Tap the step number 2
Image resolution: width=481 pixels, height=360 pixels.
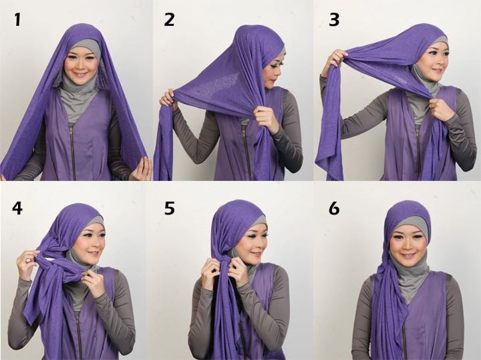[x=169, y=19]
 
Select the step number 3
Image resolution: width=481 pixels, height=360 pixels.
[x=334, y=19]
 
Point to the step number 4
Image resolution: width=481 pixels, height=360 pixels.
[x=17, y=208]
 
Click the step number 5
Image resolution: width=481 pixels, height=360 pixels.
[x=170, y=208]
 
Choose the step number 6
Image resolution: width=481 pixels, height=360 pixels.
[x=334, y=208]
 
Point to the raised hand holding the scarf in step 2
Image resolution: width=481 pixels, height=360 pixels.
[x=166, y=100]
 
